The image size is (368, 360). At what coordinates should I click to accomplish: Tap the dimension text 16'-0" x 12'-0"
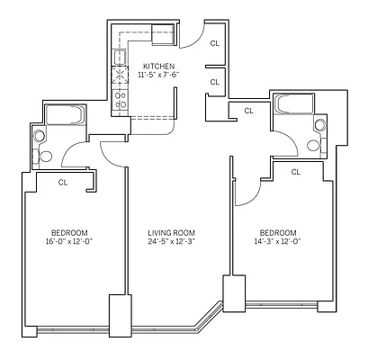[68, 241]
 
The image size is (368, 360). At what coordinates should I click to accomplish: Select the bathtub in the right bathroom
[297, 104]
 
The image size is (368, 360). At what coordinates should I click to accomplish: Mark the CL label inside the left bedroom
[63, 182]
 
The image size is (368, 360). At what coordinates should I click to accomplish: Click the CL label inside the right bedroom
[296, 171]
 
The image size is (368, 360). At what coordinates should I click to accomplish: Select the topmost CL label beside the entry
[214, 42]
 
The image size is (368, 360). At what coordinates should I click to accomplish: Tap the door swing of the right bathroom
[281, 141]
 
